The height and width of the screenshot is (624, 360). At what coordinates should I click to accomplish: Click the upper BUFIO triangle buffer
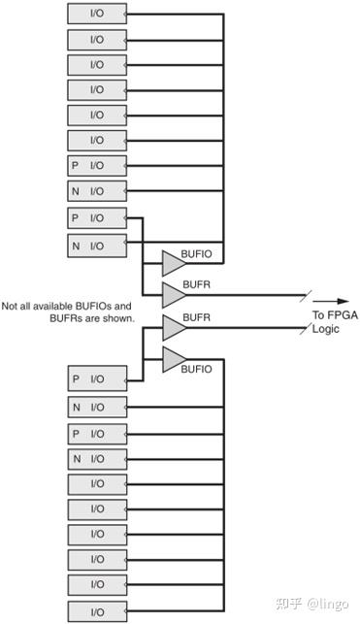173,262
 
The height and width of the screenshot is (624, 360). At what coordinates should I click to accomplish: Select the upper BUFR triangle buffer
173,294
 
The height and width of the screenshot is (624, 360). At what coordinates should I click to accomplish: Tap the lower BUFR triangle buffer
173,327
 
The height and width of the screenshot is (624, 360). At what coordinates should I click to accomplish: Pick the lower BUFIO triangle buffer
173,359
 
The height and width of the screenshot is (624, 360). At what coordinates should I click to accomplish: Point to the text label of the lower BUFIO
197,369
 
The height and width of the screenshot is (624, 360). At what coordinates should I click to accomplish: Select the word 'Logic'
325,329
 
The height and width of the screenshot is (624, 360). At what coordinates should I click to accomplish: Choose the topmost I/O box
97,15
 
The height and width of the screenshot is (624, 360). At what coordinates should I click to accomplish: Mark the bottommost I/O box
97,611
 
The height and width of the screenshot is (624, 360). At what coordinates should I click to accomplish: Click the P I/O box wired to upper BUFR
97,216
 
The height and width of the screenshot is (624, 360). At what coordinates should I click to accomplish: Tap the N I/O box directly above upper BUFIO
97,246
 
